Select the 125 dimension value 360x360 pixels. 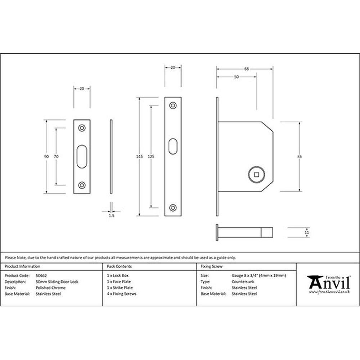pyautogui.click(x=151, y=157)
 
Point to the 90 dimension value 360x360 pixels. pyautogui.click(x=46, y=157)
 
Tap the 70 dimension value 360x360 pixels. pyautogui.click(x=56, y=157)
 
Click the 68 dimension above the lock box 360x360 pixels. pyautogui.click(x=246, y=69)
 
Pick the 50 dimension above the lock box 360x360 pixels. pyautogui.click(x=236, y=77)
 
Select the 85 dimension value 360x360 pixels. pyautogui.click(x=300, y=157)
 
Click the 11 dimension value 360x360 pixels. pyautogui.click(x=306, y=233)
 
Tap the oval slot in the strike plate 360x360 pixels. pyautogui.click(x=82, y=157)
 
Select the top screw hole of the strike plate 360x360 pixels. pyautogui.click(x=82, y=128)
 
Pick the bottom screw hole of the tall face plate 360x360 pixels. pyautogui.click(x=173, y=208)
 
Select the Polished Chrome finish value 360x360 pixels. pyautogui.click(x=51, y=288)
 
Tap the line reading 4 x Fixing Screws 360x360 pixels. pyautogui.click(x=122, y=294)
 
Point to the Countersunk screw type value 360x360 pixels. pyautogui.click(x=243, y=282)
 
